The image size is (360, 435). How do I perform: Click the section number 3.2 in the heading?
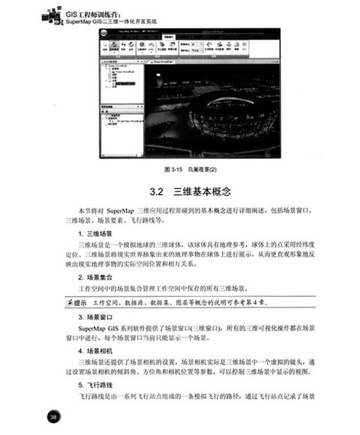[x=157, y=193]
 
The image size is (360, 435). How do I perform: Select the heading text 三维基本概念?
[x=201, y=193]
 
